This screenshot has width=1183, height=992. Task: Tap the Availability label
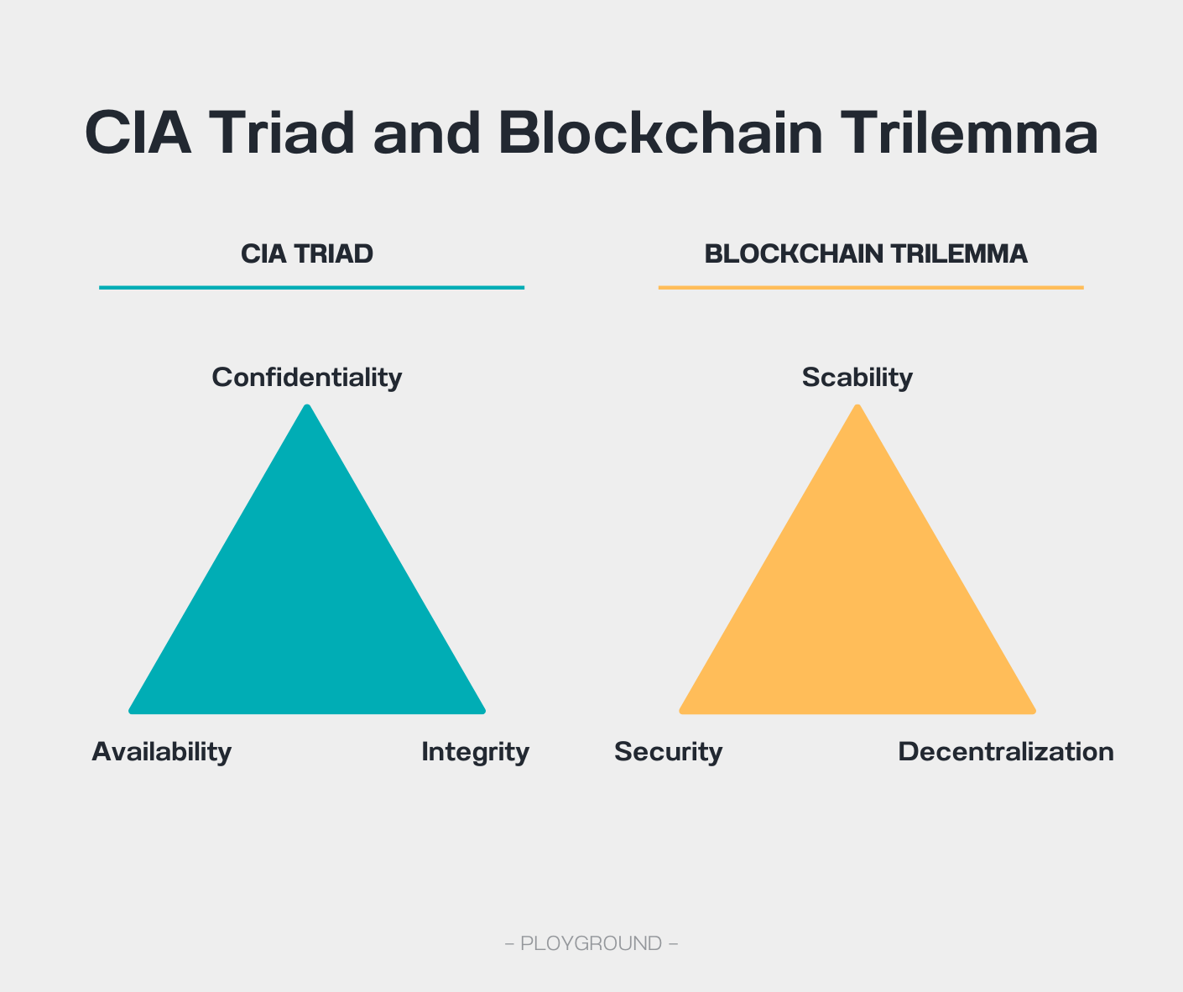click(x=161, y=752)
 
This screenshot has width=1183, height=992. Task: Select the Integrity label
click(x=476, y=752)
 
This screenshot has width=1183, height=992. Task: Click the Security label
click(x=669, y=752)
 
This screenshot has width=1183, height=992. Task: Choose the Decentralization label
click(x=1006, y=752)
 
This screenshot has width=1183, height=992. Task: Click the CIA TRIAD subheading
click(x=307, y=253)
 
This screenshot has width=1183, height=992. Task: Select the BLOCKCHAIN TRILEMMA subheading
click(x=866, y=253)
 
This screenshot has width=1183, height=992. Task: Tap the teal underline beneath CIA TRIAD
click(x=311, y=288)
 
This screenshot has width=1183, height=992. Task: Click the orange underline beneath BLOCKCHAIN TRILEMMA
click(x=871, y=288)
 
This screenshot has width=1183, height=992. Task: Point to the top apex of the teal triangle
click(x=307, y=405)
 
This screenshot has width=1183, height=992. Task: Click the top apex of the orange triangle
click(x=857, y=405)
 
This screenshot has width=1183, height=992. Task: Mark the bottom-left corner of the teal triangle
click(x=130, y=713)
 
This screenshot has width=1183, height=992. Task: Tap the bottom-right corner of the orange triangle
click(x=1035, y=713)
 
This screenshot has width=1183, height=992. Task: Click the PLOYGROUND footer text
click(x=591, y=943)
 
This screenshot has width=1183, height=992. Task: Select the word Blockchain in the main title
click(x=660, y=133)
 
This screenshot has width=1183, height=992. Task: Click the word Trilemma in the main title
click(x=969, y=133)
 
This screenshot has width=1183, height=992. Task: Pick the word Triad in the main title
click(x=282, y=133)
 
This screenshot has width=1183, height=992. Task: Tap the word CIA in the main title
click(x=138, y=133)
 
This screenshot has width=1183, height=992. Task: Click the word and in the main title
click(x=426, y=133)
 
